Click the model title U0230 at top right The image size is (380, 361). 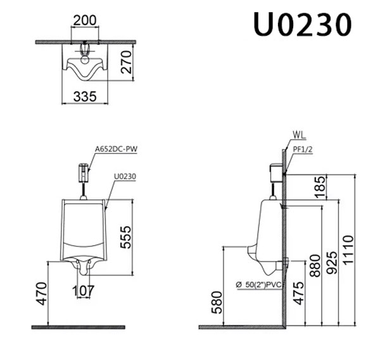302,25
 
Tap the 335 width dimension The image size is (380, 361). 85,97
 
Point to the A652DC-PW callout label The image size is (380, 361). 117,149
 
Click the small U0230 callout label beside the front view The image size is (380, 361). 126,177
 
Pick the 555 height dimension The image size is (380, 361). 125,236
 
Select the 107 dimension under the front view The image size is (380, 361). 83,291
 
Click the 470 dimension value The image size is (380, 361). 41,293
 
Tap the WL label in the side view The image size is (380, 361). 300,134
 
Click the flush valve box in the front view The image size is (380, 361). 82,172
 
